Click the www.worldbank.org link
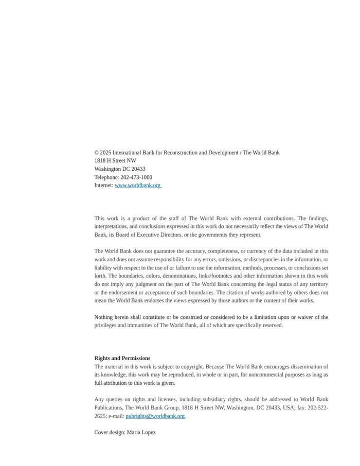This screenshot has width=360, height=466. [x=137, y=186]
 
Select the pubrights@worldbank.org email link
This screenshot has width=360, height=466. [x=155, y=416]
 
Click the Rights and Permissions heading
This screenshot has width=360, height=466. [x=122, y=359]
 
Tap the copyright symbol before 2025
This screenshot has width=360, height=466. [x=96, y=153]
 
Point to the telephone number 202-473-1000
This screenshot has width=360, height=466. [x=136, y=177]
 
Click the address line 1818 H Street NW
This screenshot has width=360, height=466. [x=115, y=161]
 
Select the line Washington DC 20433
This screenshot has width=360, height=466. [x=120, y=169]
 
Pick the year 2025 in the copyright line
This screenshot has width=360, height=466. [x=105, y=153]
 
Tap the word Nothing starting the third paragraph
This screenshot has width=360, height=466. [x=105, y=317]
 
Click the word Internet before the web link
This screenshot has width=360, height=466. [x=103, y=186]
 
